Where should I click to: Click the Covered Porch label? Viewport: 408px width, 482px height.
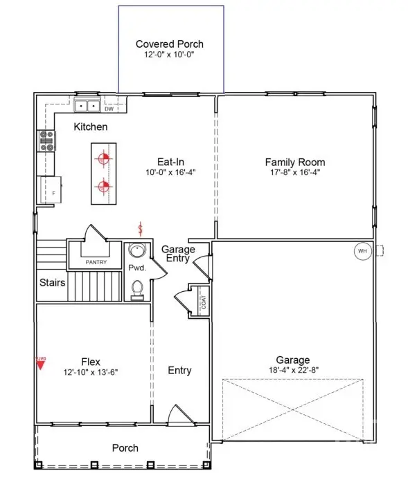[x=170, y=44]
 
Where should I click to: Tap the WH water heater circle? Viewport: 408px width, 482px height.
[x=362, y=251]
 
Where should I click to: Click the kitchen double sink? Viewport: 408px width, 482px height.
[x=87, y=106]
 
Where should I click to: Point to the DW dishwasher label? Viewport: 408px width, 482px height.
[x=109, y=109]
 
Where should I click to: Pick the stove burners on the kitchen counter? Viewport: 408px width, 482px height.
[x=47, y=140]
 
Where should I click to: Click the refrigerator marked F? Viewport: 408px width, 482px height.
[x=51, y=190]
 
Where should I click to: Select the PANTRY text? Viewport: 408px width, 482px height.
[x=96, y=263]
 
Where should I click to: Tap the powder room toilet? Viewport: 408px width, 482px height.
[x=137, y=288]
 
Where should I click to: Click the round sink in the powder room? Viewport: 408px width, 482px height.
[x=137, y=252]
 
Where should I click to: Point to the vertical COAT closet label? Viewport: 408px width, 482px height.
[x=204, y=302]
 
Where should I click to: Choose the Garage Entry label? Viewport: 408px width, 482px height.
[x=178, y=254]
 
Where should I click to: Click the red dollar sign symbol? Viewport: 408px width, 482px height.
[x=141, y=228]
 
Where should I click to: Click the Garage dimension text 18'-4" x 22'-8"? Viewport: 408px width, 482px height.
[x=293, y=370]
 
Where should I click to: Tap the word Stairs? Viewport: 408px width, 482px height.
[x=52, y=283]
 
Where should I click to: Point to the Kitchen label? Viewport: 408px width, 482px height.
[x=91, y=127]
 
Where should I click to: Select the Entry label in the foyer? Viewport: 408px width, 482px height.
[x=179, y=371]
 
